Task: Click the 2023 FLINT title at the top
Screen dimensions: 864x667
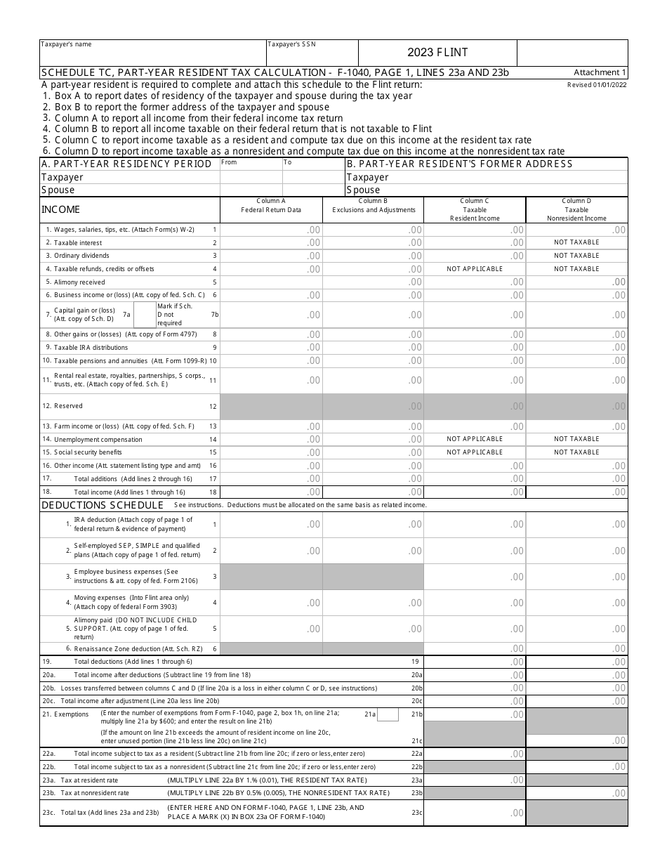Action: pos(437,53)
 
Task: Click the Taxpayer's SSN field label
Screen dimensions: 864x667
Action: pos(292,44)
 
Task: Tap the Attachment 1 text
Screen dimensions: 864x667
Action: pos(600,72)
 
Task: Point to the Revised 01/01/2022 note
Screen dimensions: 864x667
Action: pos(597,84)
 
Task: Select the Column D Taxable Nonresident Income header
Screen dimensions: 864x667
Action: pos(576,209)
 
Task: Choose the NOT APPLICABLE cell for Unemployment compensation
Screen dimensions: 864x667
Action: pos(475,439)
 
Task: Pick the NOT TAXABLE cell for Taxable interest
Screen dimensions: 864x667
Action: pos(576,242)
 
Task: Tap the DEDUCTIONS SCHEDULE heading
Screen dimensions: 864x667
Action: pos(103,505)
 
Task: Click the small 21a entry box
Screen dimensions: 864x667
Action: pos(388,714)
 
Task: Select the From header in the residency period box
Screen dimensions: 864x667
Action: pos(230,163)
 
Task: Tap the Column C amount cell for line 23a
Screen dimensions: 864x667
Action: pos(475,780)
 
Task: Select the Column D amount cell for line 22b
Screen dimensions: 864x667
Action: pos(576,766)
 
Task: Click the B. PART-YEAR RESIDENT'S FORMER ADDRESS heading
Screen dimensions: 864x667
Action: pos(459,164)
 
